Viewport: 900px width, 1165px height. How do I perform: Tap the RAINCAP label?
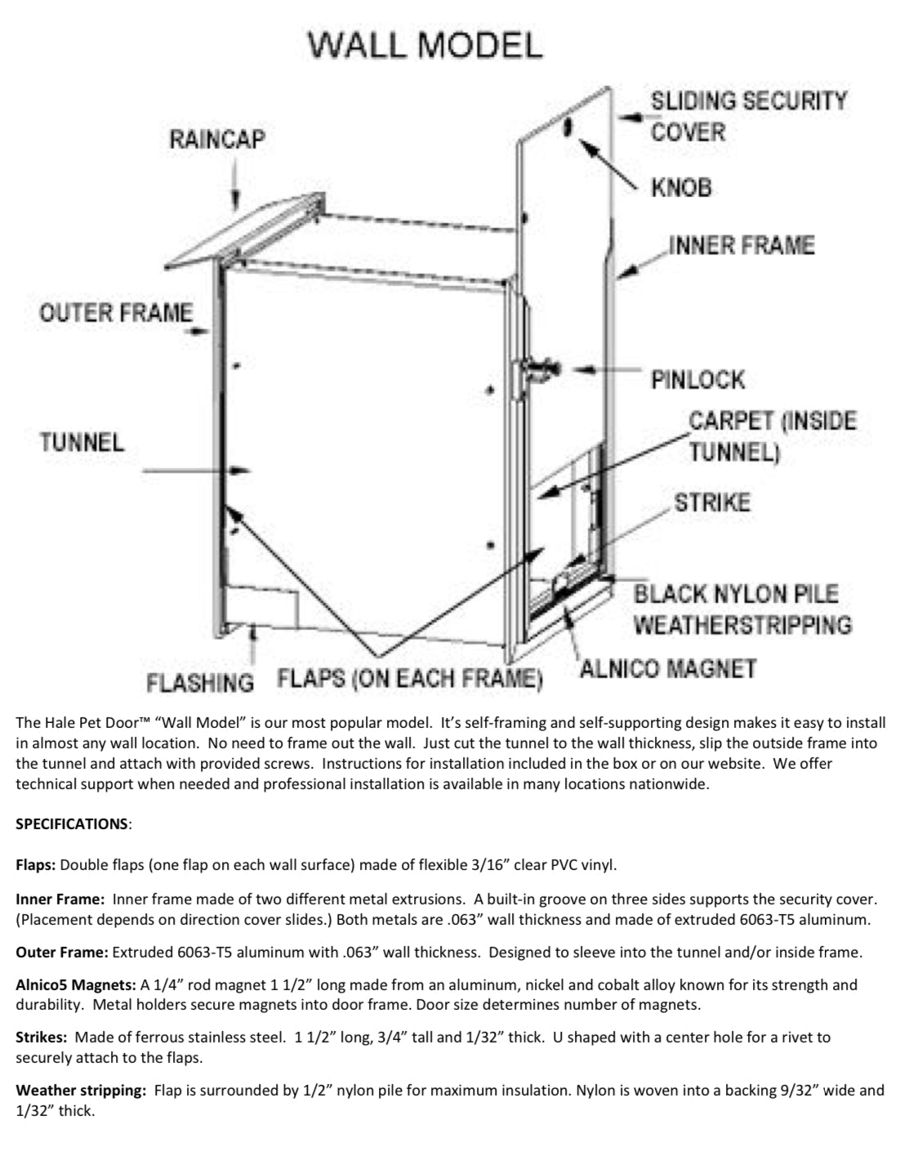click(217, 140)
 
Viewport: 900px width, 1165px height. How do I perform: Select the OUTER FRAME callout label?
click(116, 313)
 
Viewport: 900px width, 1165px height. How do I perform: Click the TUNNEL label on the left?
click(82, 443)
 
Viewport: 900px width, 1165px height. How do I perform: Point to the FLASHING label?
click(200, 681)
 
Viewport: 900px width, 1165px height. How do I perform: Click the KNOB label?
click(681, 188)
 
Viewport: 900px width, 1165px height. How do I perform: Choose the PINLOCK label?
click(697, 380)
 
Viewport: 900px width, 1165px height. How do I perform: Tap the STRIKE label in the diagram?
click(711, 502)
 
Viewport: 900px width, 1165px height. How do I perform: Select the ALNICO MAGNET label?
click(667, 669)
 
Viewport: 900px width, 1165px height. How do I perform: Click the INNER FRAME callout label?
click(742, 245)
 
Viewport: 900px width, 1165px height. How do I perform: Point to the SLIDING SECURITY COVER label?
click(748, 116)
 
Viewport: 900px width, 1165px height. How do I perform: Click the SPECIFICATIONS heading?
click(72, 824)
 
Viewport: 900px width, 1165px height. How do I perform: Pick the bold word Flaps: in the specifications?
click(36, 864)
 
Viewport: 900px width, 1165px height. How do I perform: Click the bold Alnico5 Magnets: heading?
click(76, 985)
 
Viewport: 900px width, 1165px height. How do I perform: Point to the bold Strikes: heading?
click(41, 1038)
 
